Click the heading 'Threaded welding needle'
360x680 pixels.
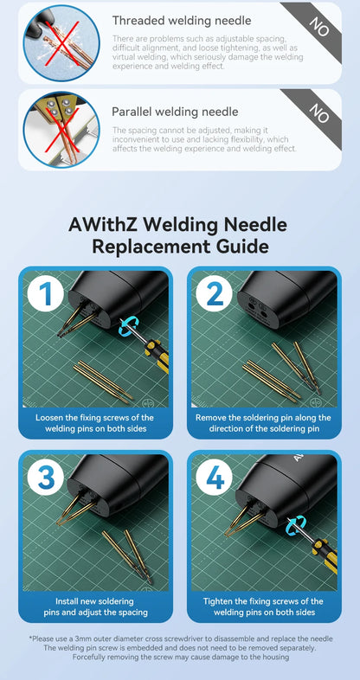[182, 20]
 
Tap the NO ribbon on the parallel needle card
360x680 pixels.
[319, 112]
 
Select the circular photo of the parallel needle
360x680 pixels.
[61, 130]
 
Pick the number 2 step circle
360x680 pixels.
[214, 294]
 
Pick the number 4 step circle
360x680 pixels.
[214, 478]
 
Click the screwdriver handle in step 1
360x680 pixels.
[155, 355]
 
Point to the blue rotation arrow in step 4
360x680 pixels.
[297, 523]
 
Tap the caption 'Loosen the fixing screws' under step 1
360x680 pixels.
[95, 423]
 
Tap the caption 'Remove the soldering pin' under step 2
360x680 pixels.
[263, 423]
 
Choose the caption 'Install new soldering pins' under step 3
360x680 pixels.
[95, 606]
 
